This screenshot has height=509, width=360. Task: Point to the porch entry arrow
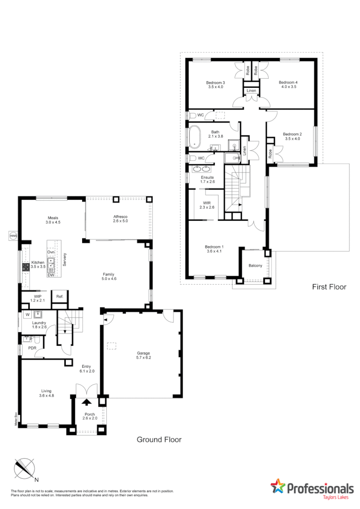click(x=87, y=403)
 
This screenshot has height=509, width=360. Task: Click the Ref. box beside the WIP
click(x=60, y=296)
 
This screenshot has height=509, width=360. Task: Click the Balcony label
click(x=255, y=266)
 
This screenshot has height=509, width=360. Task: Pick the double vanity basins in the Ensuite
click(x=201, y=169)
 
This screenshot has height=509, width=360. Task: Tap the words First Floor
click(x=329, y=287)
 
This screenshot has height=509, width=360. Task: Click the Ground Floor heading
click(x=159, y=439)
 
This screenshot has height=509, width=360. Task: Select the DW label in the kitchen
click(x=50, y=275)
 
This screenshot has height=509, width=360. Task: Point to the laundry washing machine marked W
click(x=27, y=315)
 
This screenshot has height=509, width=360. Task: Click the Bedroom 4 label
click(x=288, y=82)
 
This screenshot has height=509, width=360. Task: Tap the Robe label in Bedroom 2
click(x=271, y=154)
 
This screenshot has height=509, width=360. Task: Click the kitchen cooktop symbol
click(x=25, y=267)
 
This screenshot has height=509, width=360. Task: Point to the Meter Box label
click(x=16, y=419)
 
